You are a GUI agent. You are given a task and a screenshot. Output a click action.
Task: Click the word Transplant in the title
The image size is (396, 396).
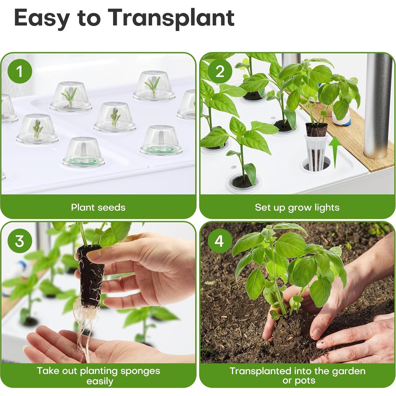click(172, 18)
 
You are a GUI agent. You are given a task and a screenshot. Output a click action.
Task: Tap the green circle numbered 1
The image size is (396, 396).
click(20, 71)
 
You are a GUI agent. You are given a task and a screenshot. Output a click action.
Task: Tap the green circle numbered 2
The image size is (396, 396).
click(220, 71)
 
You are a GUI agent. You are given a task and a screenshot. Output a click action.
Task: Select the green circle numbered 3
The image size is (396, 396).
click(20, 241)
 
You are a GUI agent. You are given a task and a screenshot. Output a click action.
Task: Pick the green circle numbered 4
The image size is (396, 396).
click(219, 241)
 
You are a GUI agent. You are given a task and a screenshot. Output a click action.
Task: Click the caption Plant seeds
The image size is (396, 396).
click(98, 207)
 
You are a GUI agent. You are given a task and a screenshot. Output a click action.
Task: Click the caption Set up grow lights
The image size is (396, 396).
click(297, 207)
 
